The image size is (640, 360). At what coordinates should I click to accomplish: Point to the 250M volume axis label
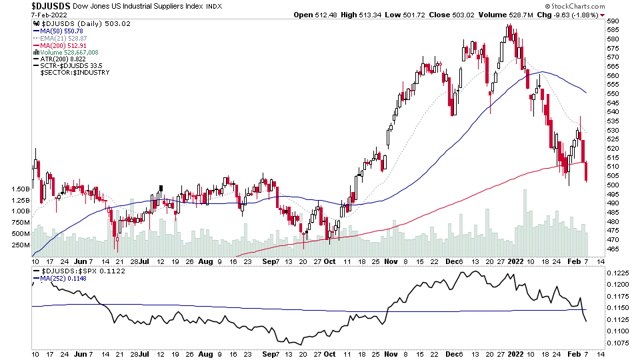(20, 245)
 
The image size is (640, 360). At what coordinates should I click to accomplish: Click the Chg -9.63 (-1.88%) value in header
(573, 15)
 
